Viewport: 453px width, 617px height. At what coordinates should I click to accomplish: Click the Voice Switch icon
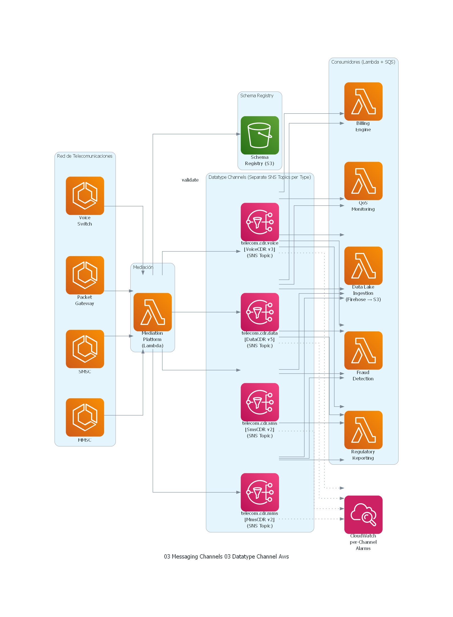[85, 196]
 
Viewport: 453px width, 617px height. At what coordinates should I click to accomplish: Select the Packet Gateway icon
[85, 275]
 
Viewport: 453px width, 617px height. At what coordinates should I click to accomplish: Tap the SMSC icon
[85, 349]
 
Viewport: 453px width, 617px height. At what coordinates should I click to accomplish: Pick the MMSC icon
[85, 417]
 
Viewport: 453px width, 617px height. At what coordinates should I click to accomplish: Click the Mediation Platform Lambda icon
[153, 312]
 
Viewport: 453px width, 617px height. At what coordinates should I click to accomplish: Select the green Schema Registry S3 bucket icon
[260, 135]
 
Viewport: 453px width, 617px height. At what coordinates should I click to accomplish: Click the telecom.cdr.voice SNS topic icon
[260, 222]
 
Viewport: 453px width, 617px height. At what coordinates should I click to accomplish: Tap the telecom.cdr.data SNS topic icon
[260, 312]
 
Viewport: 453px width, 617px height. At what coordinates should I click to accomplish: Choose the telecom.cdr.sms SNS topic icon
[260, 402]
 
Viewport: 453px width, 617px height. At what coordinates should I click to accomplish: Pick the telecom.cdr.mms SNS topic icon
[260, 492]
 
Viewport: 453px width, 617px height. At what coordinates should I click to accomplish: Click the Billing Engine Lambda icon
[363, 102]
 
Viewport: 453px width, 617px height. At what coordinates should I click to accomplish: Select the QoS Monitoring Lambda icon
[363, 181]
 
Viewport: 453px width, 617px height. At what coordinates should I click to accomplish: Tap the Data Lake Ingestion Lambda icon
[363, 266]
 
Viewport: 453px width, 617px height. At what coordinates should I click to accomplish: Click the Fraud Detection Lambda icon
[363, 350]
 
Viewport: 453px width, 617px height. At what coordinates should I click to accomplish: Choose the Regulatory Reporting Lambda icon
[363, 430]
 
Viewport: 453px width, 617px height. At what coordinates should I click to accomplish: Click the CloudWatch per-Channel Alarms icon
[363, 514]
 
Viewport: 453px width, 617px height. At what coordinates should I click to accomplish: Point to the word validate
[190, 180]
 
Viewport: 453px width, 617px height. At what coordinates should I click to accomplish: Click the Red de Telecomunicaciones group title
[85, 156]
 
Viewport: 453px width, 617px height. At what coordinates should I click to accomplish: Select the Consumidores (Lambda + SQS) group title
[363, 62]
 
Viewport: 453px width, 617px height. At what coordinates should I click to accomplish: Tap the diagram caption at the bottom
[226, 557]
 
